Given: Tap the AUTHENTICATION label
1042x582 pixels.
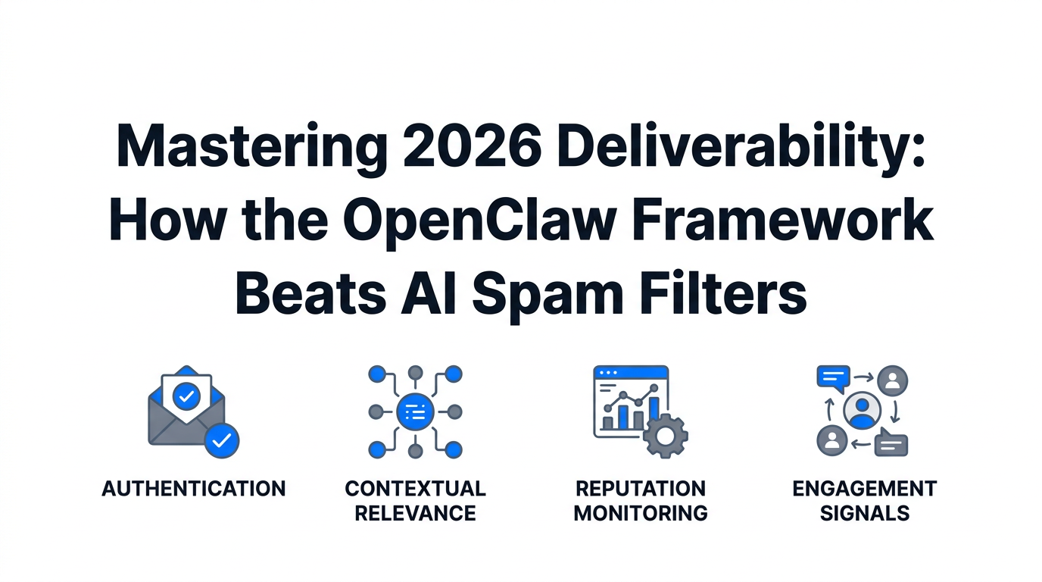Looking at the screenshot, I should [x=194, y=489].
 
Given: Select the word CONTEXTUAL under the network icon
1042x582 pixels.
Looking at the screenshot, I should [x=415, y=489].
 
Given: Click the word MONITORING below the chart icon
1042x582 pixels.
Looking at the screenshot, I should [x=641, y=513].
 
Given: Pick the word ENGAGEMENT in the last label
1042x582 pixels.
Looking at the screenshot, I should [x=865, y=489].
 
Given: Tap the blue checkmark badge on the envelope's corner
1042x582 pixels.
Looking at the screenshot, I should [x=222, y=440].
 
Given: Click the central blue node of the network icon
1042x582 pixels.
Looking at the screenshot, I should [x=415, y=411].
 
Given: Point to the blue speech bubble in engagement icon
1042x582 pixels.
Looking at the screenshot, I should [x=833, y=377].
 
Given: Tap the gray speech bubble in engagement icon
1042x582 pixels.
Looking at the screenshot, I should [x=891, y=443].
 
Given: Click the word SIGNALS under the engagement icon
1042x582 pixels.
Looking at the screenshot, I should [x=865, y=513].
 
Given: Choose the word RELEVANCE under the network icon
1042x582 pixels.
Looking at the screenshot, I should [x=415, y=513].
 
